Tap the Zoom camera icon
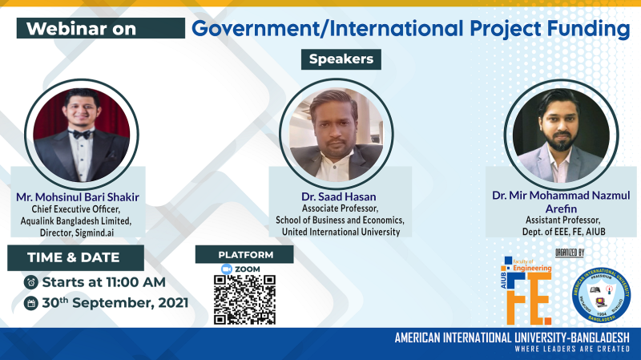[x=216, y=269]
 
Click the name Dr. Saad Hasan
[x=340, y=196]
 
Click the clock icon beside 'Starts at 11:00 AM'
[x=30, y=281]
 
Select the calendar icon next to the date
[x=30, y=303]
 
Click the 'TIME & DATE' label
[x=74, y=257]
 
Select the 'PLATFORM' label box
[x=244, y=254]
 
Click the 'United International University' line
[x=340, y=231]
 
